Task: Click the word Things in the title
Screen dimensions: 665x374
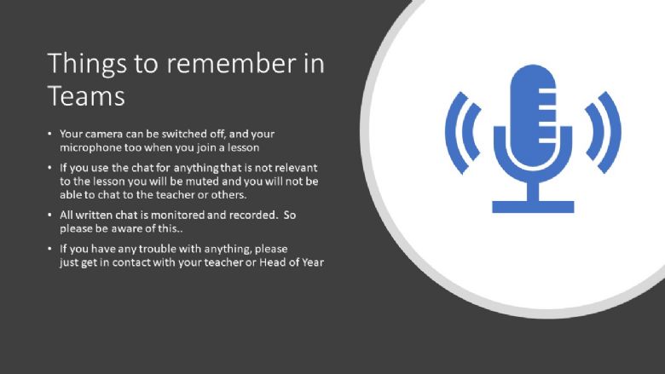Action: [x=87, y=65]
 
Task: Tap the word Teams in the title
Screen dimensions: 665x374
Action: [x=86, y=95]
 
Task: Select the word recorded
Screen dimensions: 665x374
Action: [x=253, y=215]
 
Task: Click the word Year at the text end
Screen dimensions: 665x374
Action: [x=313, y=262]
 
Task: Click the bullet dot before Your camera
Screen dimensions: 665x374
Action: [x=49, y=135]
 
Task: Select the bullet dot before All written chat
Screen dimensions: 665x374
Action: [x=49, y=215]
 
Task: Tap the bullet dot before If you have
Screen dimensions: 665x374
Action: [x=49, y=249]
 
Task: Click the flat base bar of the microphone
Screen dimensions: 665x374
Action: [x=533, y=207]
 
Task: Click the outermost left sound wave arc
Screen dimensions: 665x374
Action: [x=453, y=132]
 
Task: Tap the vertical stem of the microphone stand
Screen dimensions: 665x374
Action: [x=533, y=192]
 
